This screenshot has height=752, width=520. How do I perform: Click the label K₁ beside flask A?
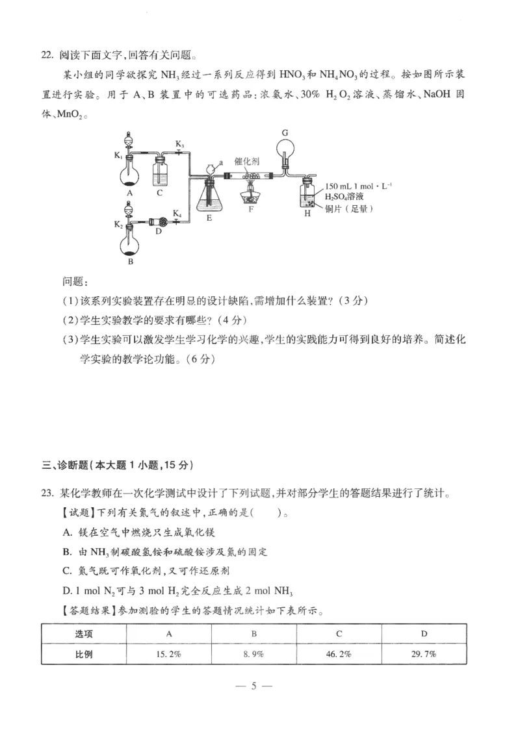click(118, 156)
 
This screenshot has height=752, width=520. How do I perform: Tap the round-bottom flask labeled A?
click(130, 174)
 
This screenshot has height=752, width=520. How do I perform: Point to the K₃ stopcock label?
click(179, 144)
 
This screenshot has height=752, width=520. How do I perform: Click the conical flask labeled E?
click(209, 198)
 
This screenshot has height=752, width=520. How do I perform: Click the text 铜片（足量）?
click(350, 208)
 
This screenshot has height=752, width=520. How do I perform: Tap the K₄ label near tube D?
click(177, 213)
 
